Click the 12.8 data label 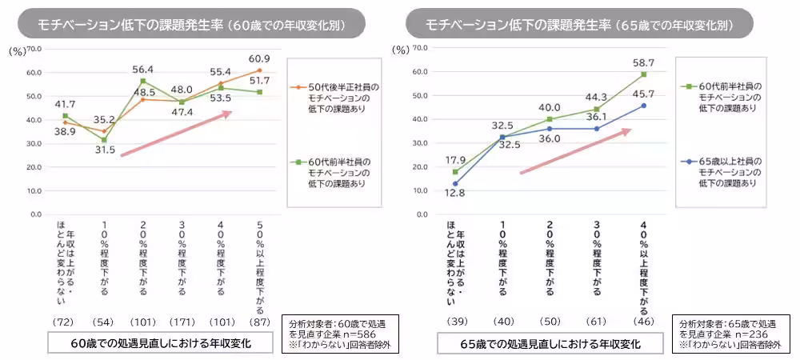pyautogui.click(x=454, y=193)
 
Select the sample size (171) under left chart pyautogui.click(x=181, y=322)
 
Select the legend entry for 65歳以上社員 pyautogui.click(x=724, y=171)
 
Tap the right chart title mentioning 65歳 pyautogui.click(x=578, y=24)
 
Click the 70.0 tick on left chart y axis pyautogui.click(x=34, y=49)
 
